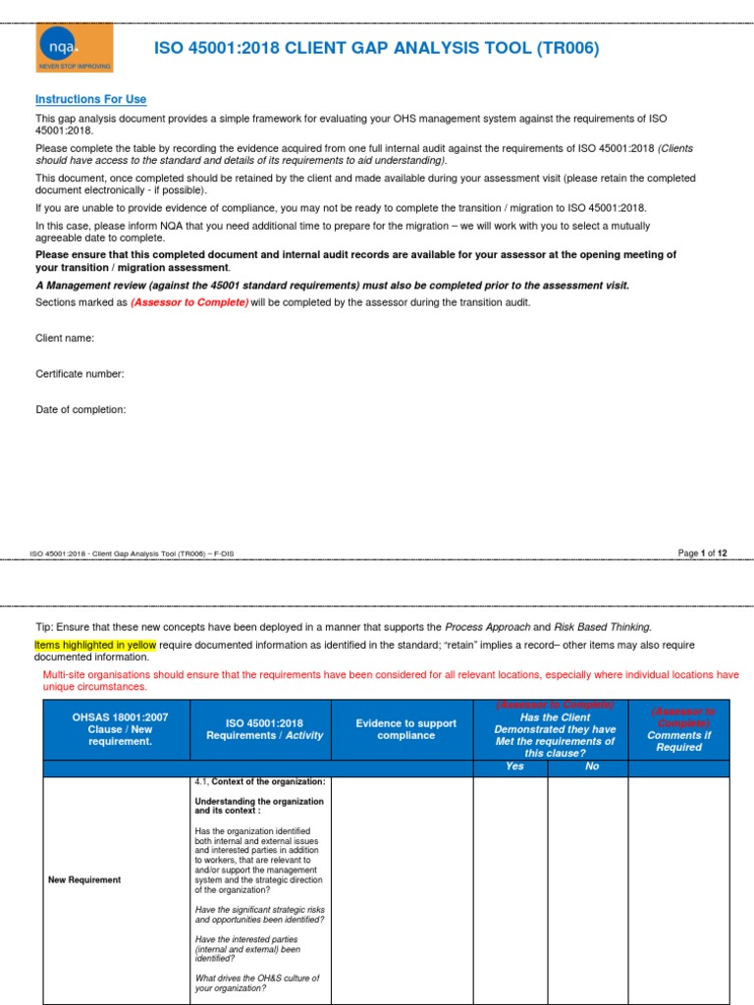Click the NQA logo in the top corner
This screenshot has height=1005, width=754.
(74, 48)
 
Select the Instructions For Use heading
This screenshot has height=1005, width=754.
(90, 100)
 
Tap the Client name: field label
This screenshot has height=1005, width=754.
(65, 338)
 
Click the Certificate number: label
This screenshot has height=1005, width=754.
(80, 374)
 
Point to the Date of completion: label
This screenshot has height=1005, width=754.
(81, 409)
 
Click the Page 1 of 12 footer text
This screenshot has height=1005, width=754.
(702, 554)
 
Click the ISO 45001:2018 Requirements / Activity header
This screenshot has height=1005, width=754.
(264, 729)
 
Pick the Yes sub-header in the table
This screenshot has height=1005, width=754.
(514, 767)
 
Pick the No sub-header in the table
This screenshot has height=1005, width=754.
(591, 767)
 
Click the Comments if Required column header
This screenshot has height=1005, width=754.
(678, 741)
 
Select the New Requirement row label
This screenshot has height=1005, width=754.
(84, 879)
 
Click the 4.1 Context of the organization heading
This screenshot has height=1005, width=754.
(260, 781)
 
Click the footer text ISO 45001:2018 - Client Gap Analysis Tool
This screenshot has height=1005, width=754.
(132, 554)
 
